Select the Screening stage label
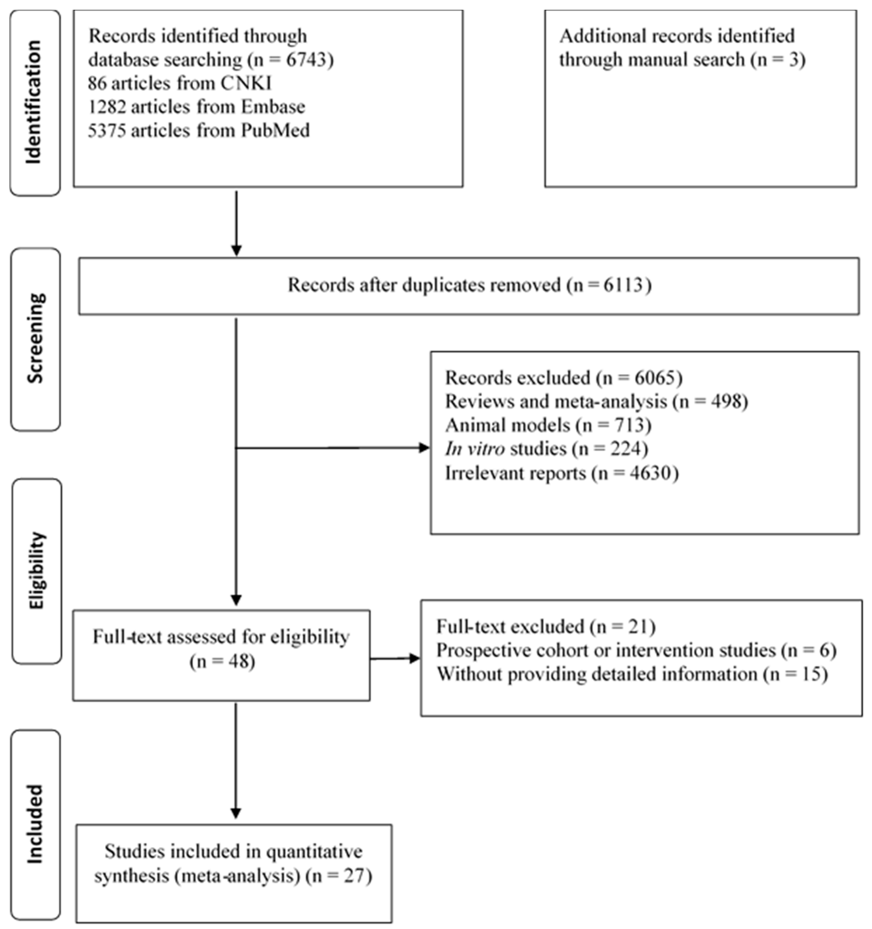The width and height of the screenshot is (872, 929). pyautogui.click(x=35, y=338)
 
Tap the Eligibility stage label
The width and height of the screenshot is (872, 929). pyautogui.click(x=36, y=570)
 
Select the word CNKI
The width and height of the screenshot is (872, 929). pyautogui.click(x=246, y=84)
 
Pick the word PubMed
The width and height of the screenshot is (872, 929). pyautogui.click(x=275, y=130)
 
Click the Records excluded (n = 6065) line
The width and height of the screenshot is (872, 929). pyautogui.click(x=563, y=377)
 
